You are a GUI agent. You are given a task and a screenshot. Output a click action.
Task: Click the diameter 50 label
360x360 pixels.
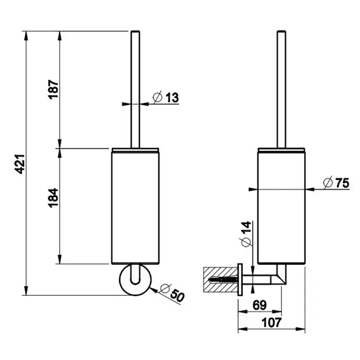pyautogui.click(x=172, y=294)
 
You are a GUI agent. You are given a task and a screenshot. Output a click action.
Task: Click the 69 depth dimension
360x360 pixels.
pyautogui.click(x=260, y=304)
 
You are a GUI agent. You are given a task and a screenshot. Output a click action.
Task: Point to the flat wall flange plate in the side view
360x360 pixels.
pyautogui.click(x=239, y=281)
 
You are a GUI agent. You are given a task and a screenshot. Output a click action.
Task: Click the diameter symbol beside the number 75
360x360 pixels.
pyautogui.click(x=328, y=182)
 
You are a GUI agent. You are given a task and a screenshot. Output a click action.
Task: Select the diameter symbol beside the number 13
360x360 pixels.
pyautogui.click(x=158, y=97)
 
